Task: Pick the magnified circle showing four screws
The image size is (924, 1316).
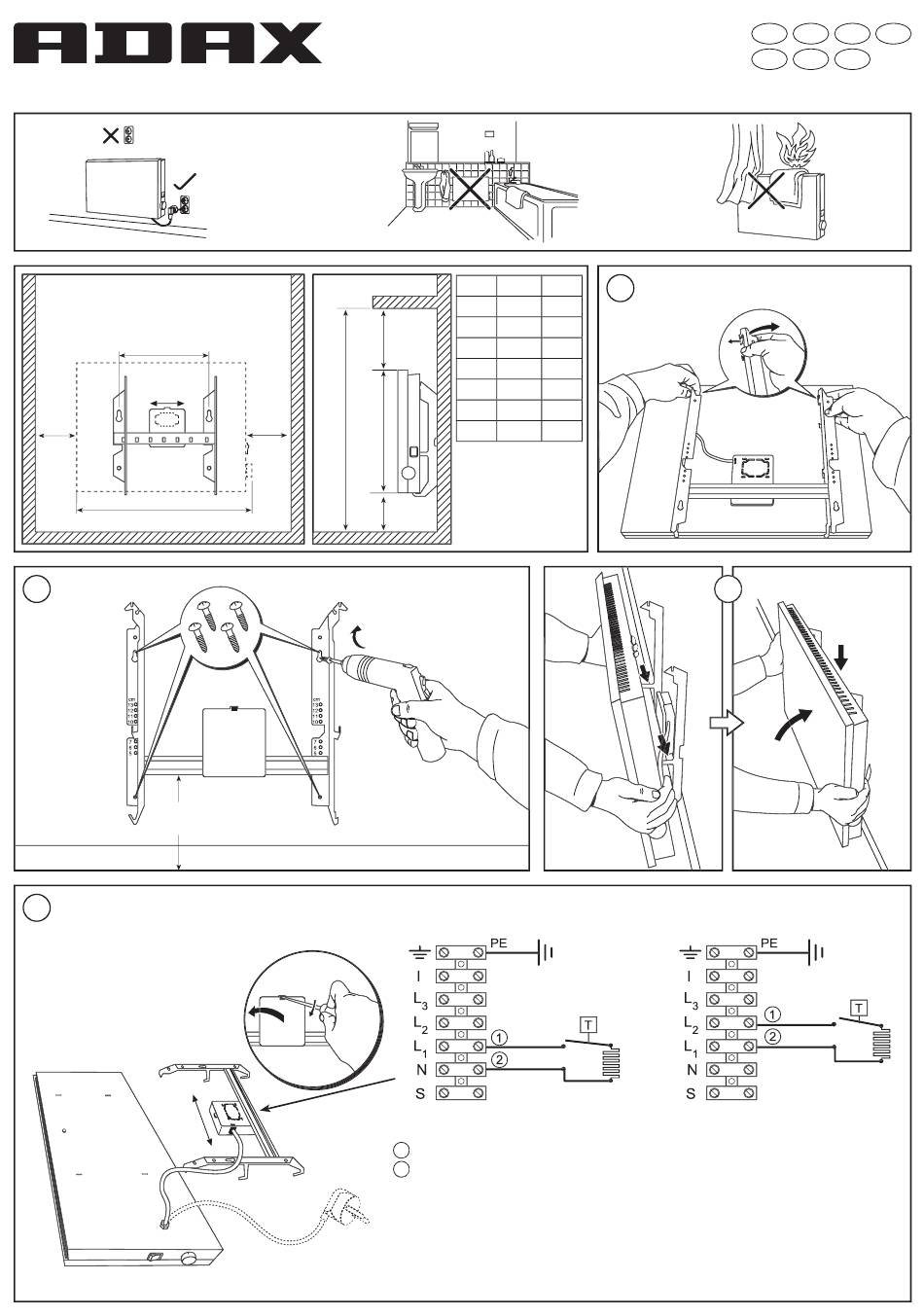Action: pos(225,626)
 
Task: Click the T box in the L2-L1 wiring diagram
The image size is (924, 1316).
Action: pos(859,1006)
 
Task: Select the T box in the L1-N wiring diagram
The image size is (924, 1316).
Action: pos(588,1023)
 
